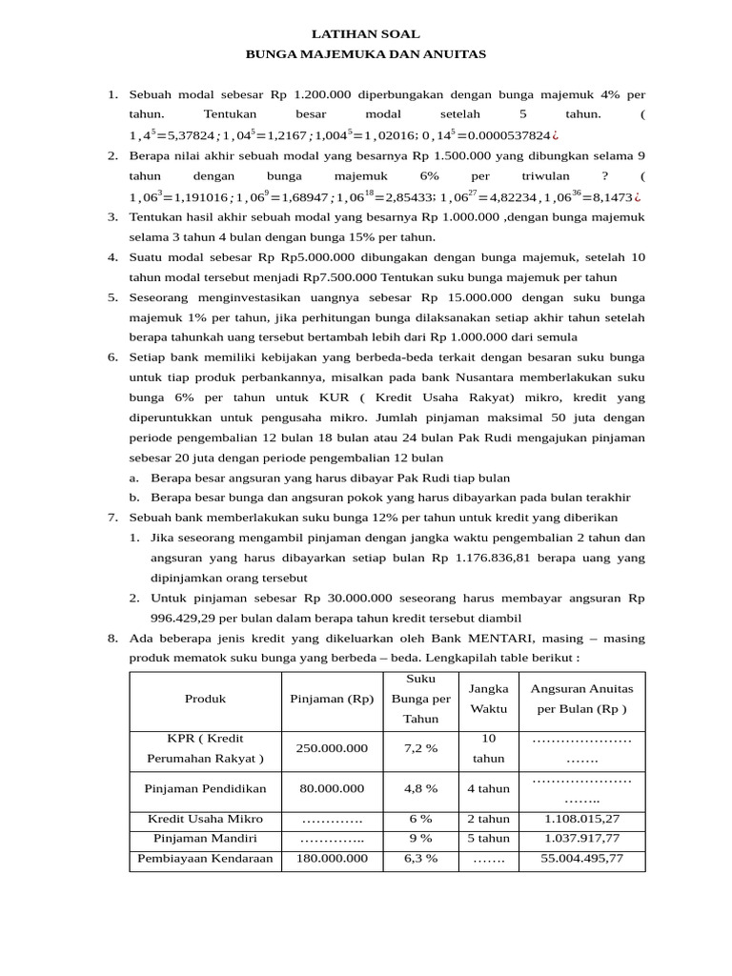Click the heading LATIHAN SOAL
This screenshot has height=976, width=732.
click(x=366, y=33)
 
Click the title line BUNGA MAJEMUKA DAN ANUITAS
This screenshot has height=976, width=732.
click(x=366, y=54)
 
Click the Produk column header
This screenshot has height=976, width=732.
click(x=205, y=699)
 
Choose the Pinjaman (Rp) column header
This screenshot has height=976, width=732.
click(x=331, y=699)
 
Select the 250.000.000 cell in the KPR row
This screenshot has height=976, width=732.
click(x=331, y=748)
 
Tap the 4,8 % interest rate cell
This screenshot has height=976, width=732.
click(x=419, y=788)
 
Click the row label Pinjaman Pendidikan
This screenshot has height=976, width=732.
click(x=205, y=788)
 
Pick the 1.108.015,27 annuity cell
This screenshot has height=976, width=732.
click(x=581, y=819)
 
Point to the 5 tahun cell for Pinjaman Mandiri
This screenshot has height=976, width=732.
click(x=488, y=838)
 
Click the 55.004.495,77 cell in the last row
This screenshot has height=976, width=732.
click(x=581, y=858)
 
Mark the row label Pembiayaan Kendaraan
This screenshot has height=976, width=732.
click(x=205, y=858)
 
